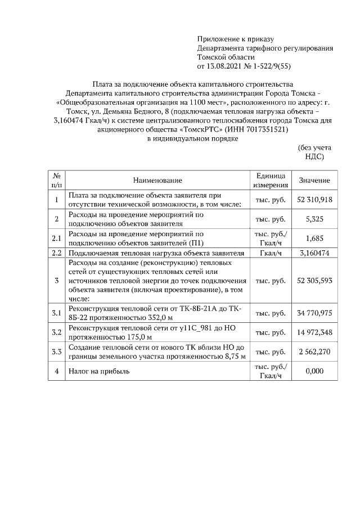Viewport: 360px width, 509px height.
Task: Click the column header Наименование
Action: coord(157,180)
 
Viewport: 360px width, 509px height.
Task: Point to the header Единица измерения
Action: coord(271,180)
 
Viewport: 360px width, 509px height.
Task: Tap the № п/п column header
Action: coord(57,180)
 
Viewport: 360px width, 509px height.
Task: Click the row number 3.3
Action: coord(57,352)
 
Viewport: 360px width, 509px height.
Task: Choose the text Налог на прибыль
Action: coord(99,371)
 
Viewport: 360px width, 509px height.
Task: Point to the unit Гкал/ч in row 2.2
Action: coord(271,253)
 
